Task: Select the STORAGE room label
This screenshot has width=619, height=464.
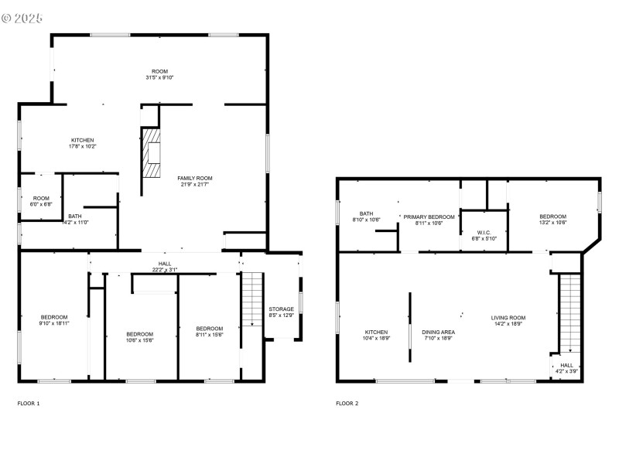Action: [281, 309]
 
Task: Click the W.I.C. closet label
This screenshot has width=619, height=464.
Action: [483, 231]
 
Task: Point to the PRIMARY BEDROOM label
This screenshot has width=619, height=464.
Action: [429, 217]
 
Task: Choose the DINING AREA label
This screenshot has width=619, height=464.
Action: [438, 332]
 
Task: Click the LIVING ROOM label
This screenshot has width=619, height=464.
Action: [508, 317]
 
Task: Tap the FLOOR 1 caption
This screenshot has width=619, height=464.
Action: [29, 403]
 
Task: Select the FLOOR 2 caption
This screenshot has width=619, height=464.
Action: [347, 403]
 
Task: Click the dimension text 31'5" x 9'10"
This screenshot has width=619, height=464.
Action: [159, 77]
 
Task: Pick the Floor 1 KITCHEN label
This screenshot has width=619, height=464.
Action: [82, 140]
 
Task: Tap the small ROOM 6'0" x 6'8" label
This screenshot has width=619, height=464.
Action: [40, 198]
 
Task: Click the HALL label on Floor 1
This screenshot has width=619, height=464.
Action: [165, 264]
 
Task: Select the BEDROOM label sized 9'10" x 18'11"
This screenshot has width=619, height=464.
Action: [54, 317]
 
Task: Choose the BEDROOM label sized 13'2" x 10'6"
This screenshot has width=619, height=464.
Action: [552, 217]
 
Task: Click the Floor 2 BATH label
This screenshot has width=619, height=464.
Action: [366, 213]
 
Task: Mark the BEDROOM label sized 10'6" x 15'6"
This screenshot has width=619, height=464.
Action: [140, 334]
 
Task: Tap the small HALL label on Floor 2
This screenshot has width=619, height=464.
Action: [566, 365]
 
